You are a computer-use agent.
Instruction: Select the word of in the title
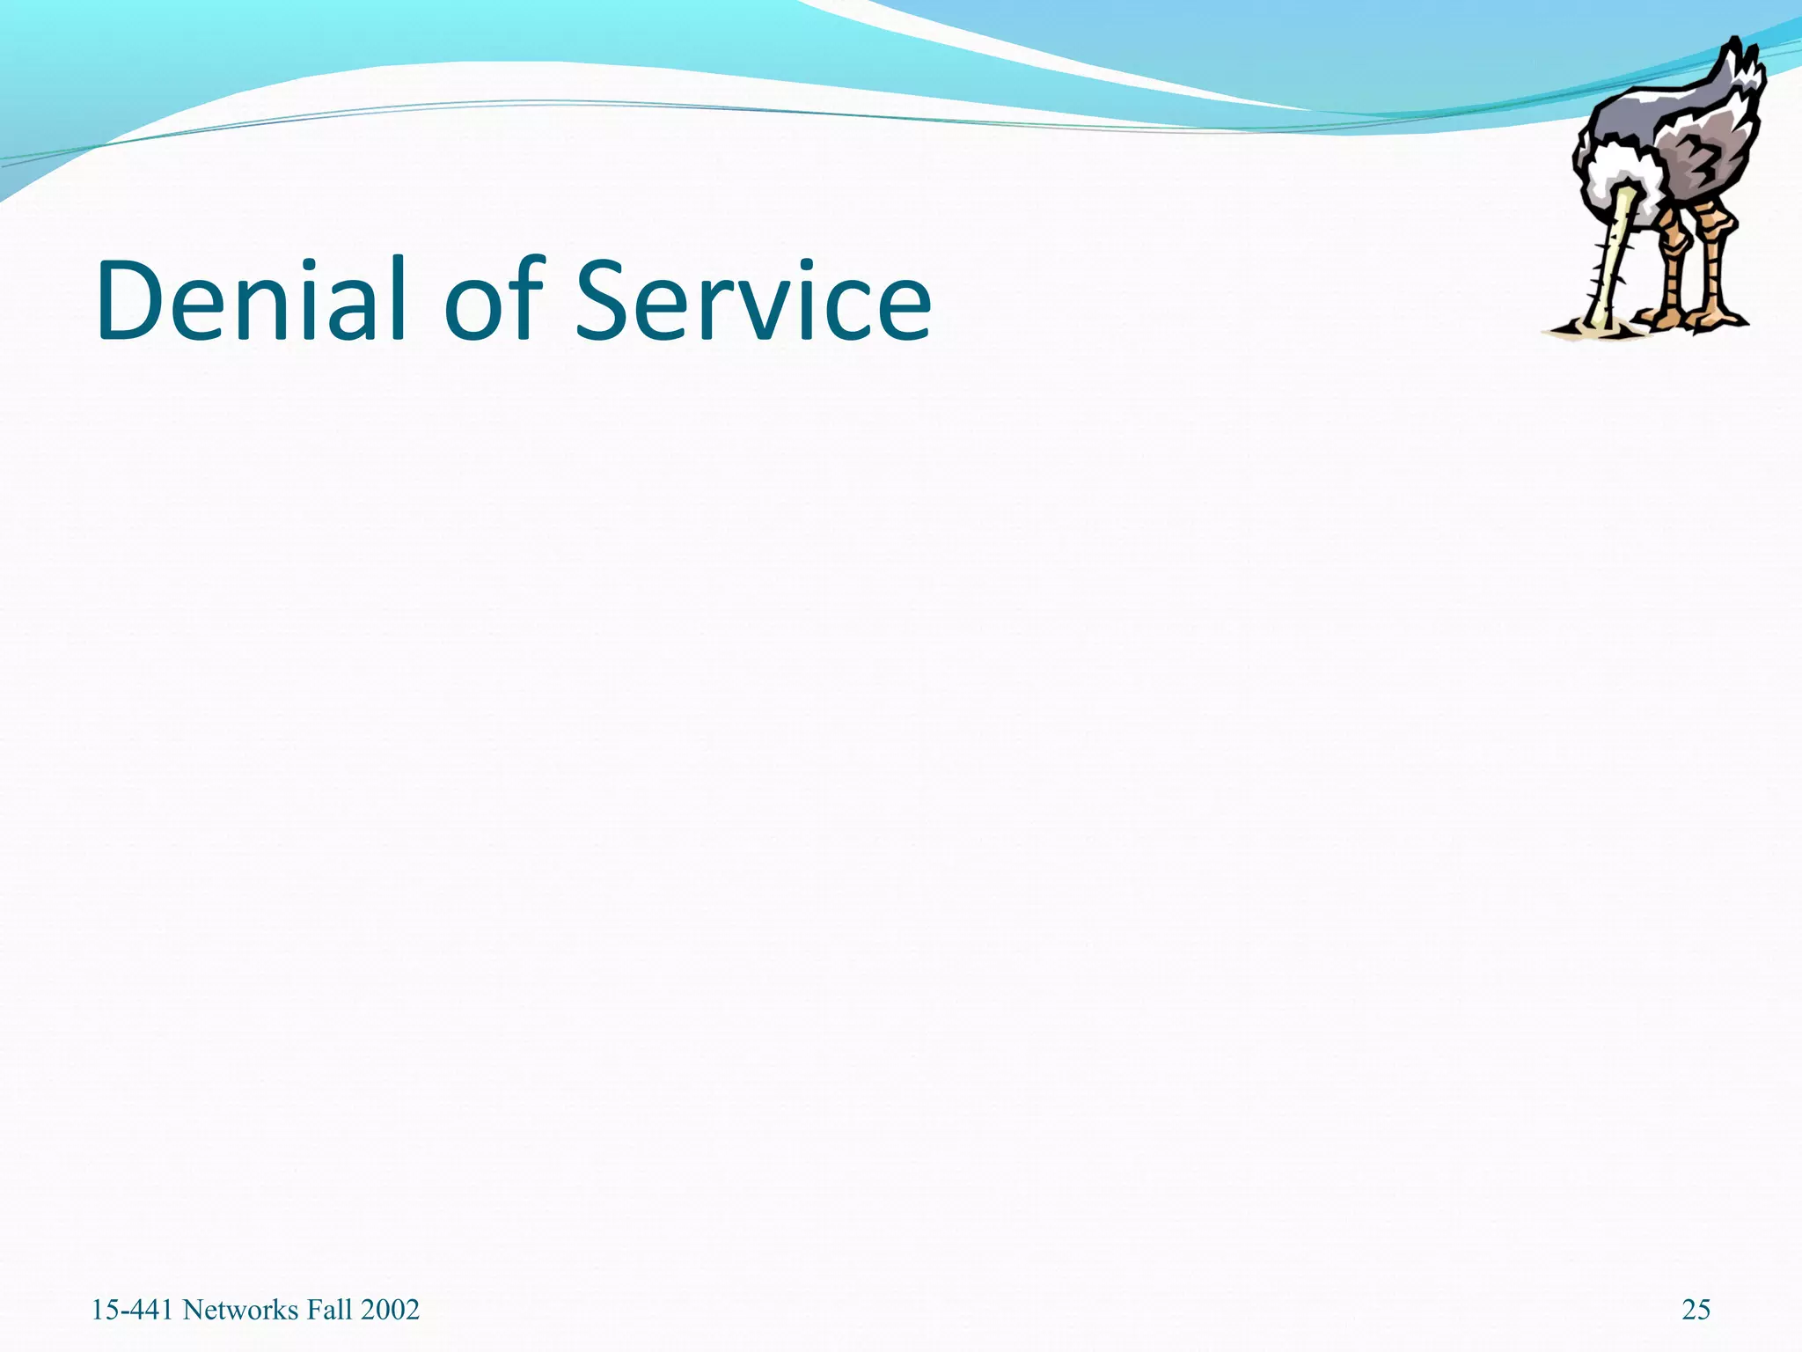coord(494,299)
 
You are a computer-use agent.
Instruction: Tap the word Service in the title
coord(753,299)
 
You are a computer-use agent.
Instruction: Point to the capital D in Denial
coord(131,299)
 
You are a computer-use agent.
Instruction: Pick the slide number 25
coord(1696,1310)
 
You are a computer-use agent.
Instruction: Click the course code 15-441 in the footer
coord(133,1310)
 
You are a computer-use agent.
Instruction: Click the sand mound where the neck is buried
coord(1584,329)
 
